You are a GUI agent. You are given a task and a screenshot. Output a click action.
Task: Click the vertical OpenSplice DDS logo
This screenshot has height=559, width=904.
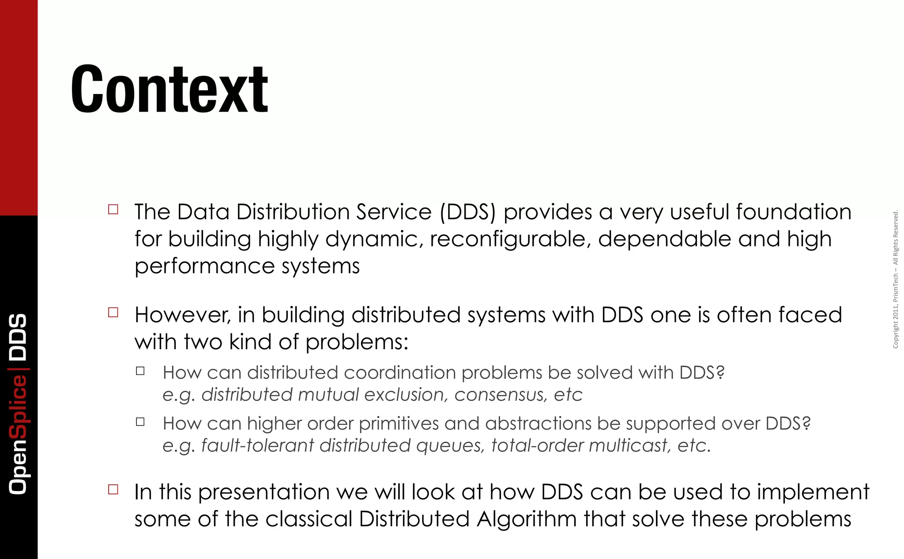tap(19, 404)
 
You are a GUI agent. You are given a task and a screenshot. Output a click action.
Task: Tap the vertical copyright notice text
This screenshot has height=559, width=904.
tap(896, 279)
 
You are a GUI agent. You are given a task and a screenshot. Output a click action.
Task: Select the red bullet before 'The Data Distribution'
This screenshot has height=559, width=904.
tap(113, 209)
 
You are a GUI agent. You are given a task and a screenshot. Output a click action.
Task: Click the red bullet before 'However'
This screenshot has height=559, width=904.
tap(113, 313)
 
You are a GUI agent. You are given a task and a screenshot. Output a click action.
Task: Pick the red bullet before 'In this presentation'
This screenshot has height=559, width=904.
tap(113, 489)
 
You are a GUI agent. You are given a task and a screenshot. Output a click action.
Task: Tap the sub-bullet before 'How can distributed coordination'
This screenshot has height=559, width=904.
tap(140, 371)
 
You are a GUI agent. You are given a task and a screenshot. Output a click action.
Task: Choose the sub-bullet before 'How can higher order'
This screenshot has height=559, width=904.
tap(140, 422)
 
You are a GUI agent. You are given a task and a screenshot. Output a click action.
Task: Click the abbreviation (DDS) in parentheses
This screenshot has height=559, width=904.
tap(468, 212)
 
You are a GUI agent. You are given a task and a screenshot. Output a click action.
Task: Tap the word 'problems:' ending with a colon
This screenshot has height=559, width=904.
tap(357, 342)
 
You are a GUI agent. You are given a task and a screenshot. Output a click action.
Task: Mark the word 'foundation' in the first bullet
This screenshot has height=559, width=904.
tap(794, 212)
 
